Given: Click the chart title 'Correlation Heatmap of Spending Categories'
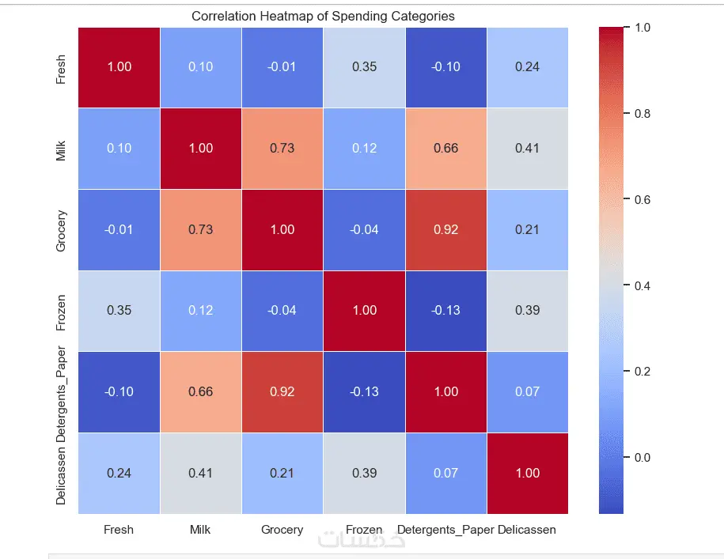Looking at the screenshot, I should pos(323,16).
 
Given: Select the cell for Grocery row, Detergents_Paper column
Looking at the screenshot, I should pos(445,229).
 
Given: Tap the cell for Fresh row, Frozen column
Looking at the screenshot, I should pos(364,66).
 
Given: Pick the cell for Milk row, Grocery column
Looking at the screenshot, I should pos(282,148).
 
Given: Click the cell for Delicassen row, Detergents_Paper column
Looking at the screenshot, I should pos(445,473).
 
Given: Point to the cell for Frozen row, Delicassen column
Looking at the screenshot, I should pos(527,311).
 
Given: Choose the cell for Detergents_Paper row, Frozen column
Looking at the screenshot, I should pos(364,392).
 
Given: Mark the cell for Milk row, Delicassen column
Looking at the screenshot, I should pos(527,148).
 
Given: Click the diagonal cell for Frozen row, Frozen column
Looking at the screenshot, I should pos(364,311).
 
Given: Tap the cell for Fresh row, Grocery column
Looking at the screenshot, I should pos(282,66).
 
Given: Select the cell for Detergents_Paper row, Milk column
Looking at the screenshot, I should pos(201,392).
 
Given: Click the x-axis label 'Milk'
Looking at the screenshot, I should pos(201,529).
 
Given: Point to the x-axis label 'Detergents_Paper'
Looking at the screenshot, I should pos(445,529).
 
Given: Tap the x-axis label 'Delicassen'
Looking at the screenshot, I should pos(527,529).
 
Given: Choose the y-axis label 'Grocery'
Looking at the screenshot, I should pos(62,230).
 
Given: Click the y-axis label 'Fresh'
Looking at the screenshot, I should pos(62,67).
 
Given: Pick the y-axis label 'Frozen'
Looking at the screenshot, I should pos(62,311).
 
